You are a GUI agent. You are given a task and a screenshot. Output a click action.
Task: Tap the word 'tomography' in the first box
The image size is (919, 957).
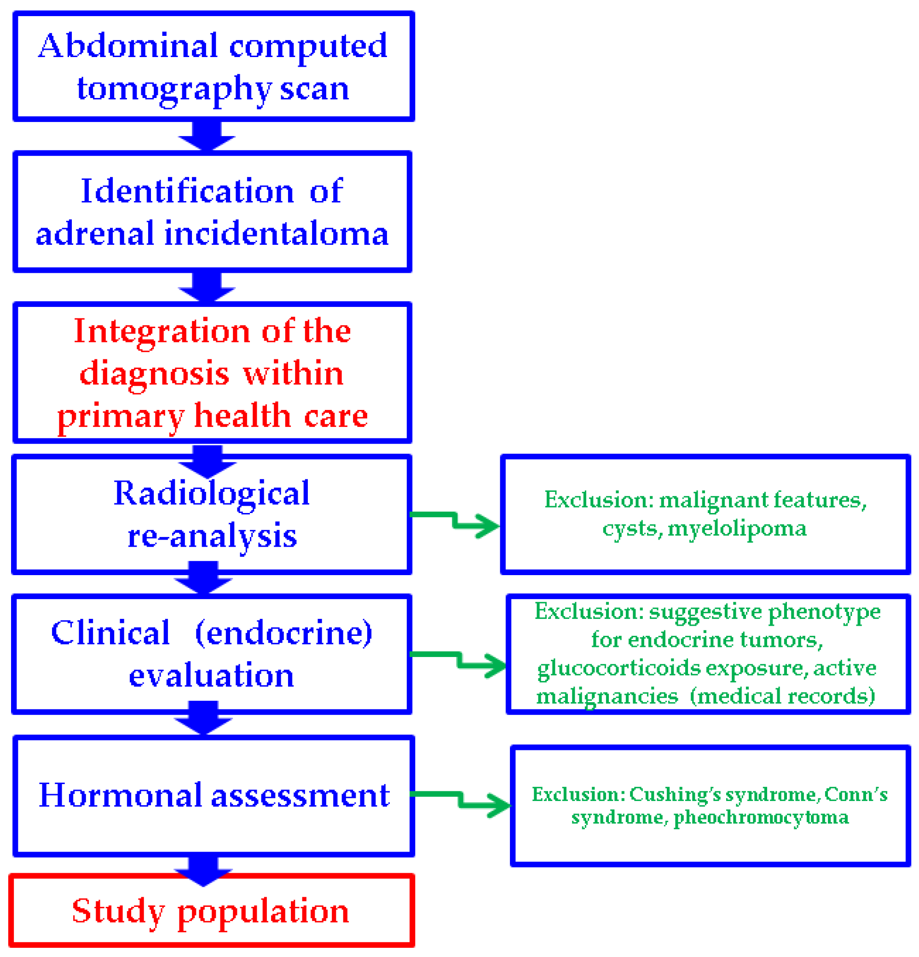tap(173, 89)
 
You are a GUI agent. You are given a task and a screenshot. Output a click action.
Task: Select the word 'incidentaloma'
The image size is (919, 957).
tap(276, 234)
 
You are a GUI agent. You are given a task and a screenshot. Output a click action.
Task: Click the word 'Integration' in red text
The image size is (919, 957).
tap(162, 332)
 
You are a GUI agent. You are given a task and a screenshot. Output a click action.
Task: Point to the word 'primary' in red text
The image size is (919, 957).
tap(120, 416)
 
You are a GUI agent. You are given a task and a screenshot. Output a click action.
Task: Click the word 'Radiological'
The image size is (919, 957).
tap(211, 494)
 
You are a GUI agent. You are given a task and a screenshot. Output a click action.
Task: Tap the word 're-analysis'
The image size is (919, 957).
tap(211, 536)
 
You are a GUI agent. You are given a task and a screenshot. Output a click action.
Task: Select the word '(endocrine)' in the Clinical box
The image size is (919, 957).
tap(283, 633)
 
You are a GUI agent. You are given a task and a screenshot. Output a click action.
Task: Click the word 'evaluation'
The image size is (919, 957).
tap(211, 676)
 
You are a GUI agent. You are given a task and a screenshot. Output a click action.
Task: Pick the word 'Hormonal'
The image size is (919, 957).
tap(120, 796)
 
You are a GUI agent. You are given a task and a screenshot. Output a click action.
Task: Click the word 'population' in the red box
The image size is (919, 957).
tap(263, 911)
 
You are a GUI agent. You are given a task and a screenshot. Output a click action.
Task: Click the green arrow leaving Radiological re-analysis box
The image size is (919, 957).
tap(454, 520)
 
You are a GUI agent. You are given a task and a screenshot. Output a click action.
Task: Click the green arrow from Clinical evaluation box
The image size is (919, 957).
tap(459, 660)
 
